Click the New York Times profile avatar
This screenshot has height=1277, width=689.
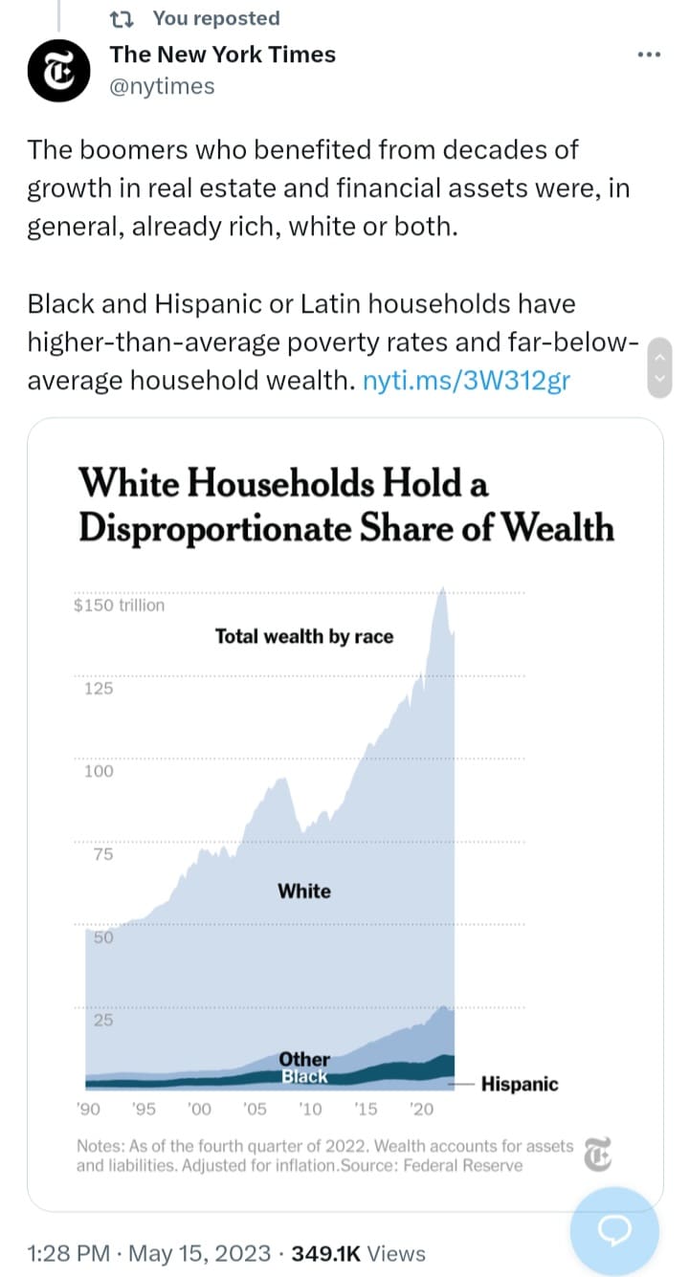click(x=58, y=71)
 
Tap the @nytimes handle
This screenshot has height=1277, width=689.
click(x=162, y=87)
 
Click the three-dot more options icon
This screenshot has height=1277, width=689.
click(x=649, y=55)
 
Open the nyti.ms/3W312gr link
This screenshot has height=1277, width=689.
click(x=467, y=381)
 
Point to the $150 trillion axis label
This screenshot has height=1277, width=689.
click(x=119, y=605)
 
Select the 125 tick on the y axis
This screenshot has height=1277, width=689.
click(x=99, y=689)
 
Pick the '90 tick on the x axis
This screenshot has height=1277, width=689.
click(x=89, y=1110)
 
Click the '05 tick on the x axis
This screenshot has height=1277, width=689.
click(x=255, y=1110)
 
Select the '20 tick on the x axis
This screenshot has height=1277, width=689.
click(x=421, y=1110)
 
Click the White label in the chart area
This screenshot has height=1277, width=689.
click(x=304, y=892)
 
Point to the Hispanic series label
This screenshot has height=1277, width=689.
click(x=520, y=1085)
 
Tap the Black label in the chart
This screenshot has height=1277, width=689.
click(x=304, y=1077)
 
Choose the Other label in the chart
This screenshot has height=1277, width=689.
click(x=304, y=1059)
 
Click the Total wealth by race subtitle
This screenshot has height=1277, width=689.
click(x=304, y=637)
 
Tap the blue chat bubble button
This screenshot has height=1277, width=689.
click(x=614, y=1231)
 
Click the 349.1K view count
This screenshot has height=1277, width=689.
click(x=325, y=1254)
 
